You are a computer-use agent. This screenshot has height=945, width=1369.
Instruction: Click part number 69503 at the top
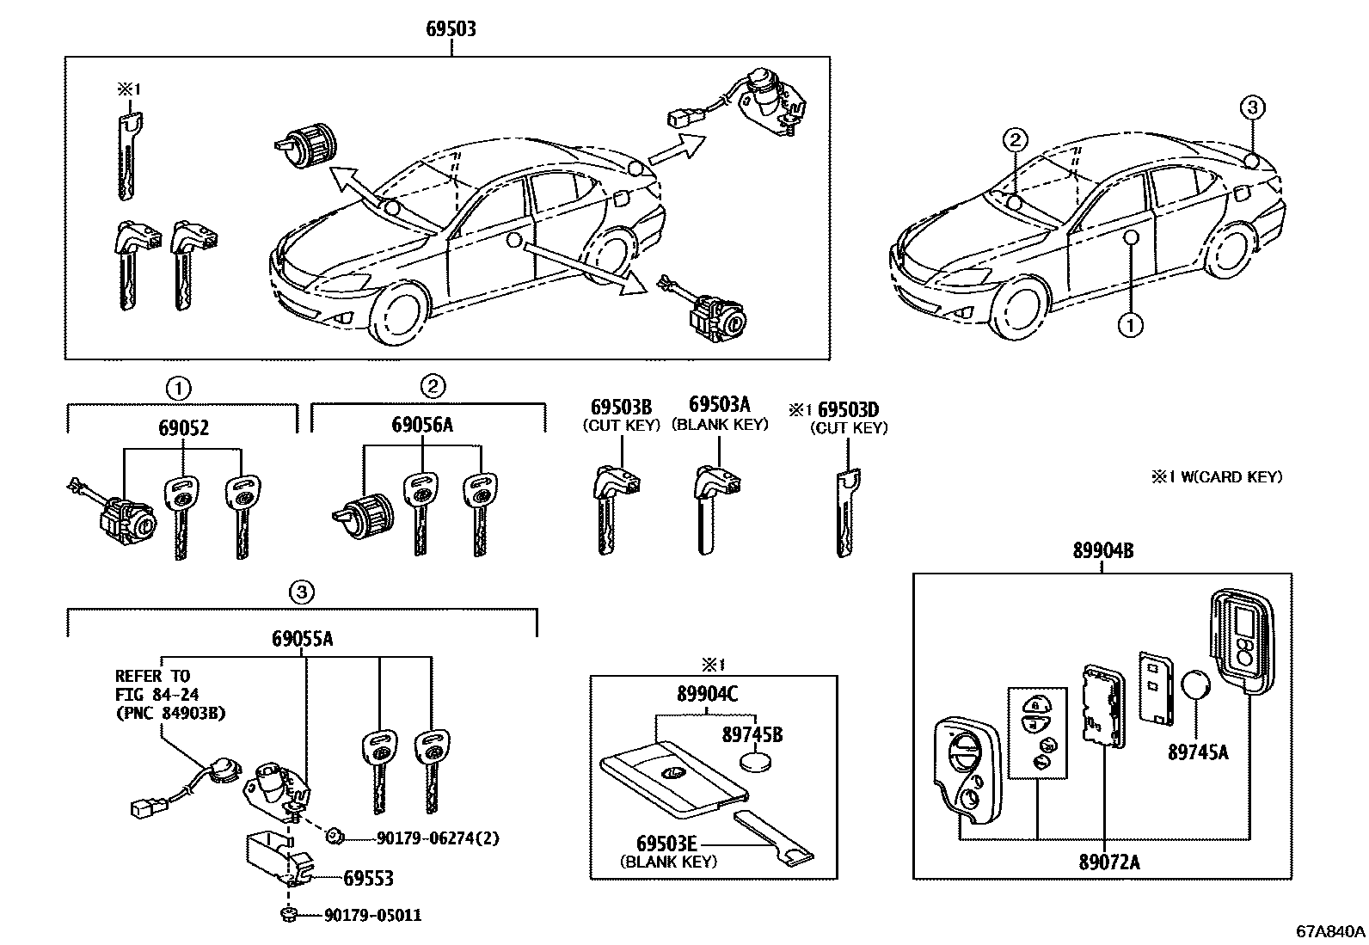click(451, 29)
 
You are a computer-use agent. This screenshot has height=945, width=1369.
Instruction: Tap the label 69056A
click(422, 425)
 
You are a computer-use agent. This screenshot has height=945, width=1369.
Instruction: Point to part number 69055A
click(303, 639)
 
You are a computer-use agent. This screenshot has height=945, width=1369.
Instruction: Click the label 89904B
click(1102, 551)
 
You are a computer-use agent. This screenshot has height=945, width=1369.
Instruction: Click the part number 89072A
click(1109, 862)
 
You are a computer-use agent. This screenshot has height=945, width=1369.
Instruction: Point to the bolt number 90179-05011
click(371, 916)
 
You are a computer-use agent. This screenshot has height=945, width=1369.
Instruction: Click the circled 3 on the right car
click(1252, 107)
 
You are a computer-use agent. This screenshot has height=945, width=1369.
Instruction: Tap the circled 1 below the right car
click(1130, 324)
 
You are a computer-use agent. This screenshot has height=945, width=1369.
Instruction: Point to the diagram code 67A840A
click(1330, 932)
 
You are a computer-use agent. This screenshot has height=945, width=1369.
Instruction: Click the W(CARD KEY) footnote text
click(1217, 476)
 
